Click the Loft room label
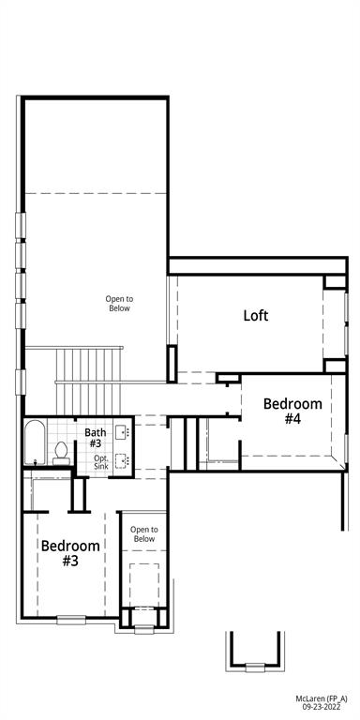click(x=256, y=315)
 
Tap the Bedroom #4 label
click(x=292, y=412)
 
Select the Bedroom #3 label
click(x=70, y=552)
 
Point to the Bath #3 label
click(x=96, y=437)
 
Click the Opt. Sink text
click(x=100, y=461)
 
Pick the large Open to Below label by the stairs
click(x=118, y=303)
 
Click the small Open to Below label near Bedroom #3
click(x=143, y=534)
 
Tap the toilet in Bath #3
click(x=61, y=450)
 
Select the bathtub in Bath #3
click(x=34, y=442)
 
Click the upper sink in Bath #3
click(x=121, y=434)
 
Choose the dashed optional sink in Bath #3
click(x=121, y=459)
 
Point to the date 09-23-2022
click(x=322, y=710)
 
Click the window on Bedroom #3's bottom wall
click(x=70, y=619)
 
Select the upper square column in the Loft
click(x=335, y=281)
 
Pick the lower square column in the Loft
click(x=335, y=366)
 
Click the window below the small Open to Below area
click(x=143, y=628)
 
